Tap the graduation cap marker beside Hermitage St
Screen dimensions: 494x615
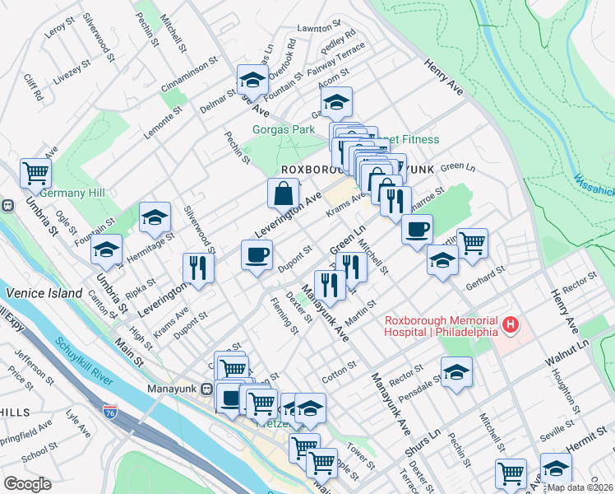pyautogui.click(x=155, y=217)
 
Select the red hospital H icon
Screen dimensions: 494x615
pyautogui.click(x=510, y=326)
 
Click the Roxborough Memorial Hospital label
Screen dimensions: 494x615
pyautogui.click(x=441, y=326)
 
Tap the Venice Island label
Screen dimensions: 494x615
pyautogui.click(x=44, y=293)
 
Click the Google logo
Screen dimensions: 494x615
pyautogui.click(x=27, y=484)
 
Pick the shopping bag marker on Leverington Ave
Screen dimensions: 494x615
pyautogui.click(x=283, y=194)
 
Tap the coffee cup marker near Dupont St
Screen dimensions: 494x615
pyautogui.click(x=257, y=254)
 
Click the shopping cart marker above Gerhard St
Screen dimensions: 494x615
pyautogui.click(x=472, y=243)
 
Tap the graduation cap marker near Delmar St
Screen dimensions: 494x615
pyautogui.click(x=253, y=81)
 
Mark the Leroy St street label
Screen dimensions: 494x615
pyautogui.click(x=54, y=30)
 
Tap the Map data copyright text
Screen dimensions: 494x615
pyautogui.click(x=580, y=487)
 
